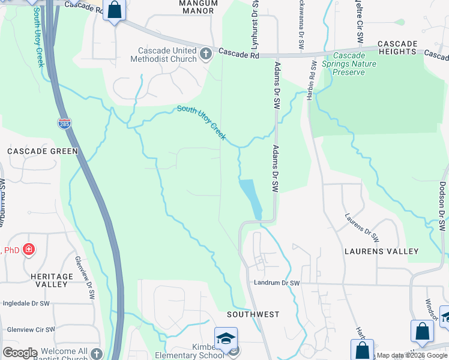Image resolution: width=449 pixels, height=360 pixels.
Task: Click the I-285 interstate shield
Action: click(x=64, y=124)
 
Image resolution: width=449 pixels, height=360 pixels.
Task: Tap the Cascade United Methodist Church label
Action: click(x=167, y=55)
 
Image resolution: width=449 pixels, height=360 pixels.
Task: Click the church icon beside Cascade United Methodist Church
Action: click(x=206, y=55)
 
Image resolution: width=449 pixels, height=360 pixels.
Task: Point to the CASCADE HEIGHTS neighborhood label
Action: click(x=397, y=47)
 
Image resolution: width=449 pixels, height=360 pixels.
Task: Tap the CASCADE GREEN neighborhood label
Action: click(x=43, y=151)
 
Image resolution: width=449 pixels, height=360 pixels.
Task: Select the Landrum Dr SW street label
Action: click(x=277, y=282)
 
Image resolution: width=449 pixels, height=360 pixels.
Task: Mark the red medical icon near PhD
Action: click(x=28, y=250)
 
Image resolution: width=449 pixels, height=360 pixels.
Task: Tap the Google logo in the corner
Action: click(x=20, y=353)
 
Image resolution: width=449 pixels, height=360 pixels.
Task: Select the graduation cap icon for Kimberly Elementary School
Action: click(x=226, y=338)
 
